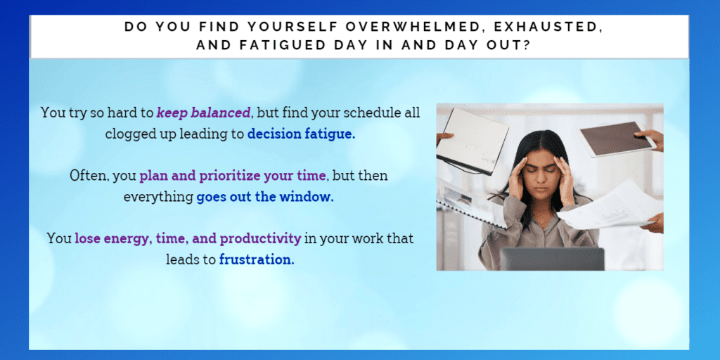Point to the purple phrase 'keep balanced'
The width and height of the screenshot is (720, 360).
point(204,112)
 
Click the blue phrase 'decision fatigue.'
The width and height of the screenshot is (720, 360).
point(301,134)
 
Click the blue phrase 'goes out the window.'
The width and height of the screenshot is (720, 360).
point(265,197)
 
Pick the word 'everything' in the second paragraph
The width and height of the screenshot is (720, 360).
point(158,198)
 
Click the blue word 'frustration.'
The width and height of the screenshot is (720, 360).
point(257,259)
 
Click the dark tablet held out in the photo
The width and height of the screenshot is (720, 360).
point(617,139)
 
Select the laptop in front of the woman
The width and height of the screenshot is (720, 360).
point(552,259)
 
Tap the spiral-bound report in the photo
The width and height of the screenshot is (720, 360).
point(470,204)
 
